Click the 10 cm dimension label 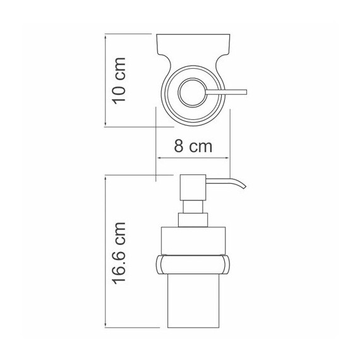click(x=119, y=81)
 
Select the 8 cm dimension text click(x=193, y=147)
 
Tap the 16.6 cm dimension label click(x=119, y=253)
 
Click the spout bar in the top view click(x=226, y=92)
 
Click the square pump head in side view click(x=193, y=188)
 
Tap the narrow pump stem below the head click(x=193, y=207)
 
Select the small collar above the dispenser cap click(x=193, y=220)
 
